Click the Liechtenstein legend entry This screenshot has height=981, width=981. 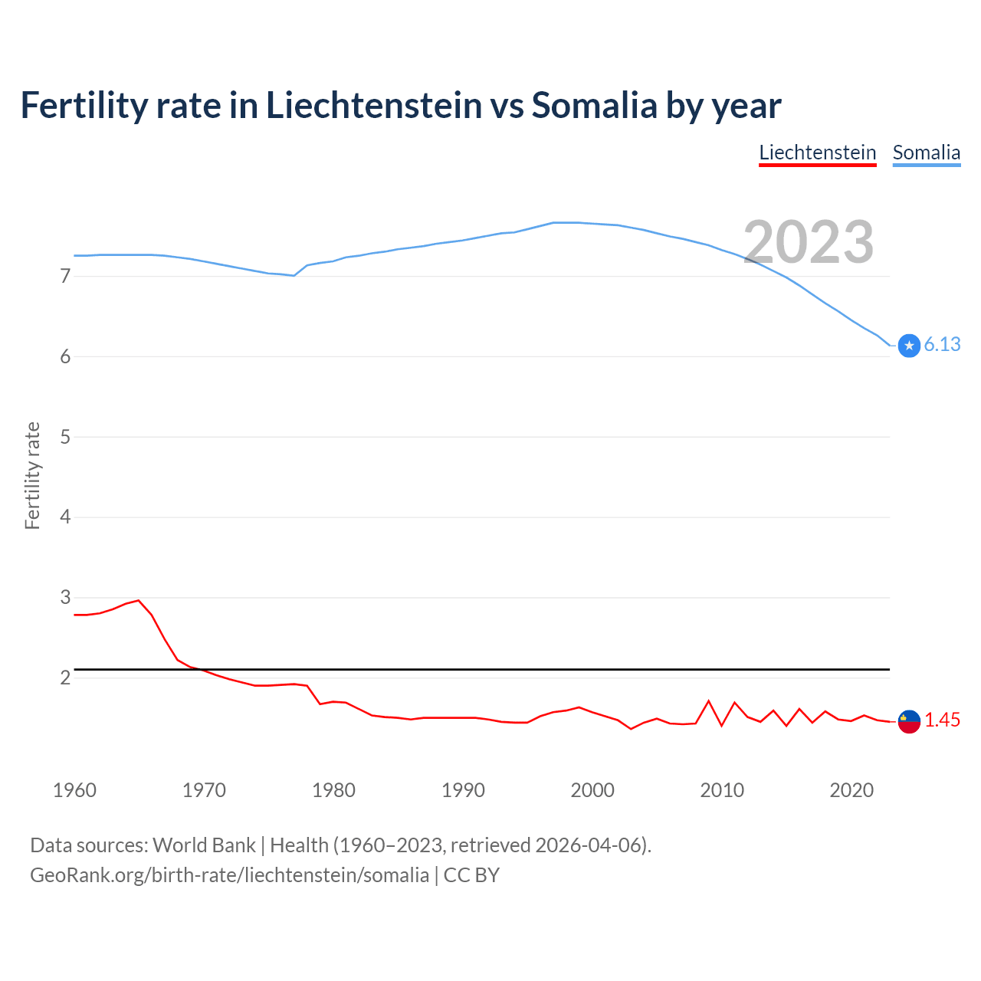[817, 153]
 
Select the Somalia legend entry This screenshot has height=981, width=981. [926, 153]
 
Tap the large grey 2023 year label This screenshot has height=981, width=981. [809, 242]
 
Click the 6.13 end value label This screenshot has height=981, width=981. [942, 345]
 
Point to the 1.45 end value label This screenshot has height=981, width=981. [942, 720]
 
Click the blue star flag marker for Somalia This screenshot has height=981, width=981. [909, 346]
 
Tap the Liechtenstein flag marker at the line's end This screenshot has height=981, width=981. [909, 721]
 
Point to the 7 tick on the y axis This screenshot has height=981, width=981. [65, 276]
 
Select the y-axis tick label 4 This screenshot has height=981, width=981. [65, 517]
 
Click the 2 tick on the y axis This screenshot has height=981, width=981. [65, 678]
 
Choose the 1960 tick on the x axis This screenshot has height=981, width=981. [74, 790]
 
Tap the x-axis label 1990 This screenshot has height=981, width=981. [463, 790]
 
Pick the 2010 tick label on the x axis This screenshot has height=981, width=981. [722, 790]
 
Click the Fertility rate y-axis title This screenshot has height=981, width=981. [32, 475]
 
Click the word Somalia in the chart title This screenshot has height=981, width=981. [594, 105]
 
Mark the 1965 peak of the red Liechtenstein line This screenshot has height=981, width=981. [139, 600]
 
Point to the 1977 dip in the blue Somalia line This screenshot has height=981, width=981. [294, 275]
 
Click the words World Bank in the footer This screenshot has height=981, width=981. [204, 845]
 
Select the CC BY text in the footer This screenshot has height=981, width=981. [471, 875]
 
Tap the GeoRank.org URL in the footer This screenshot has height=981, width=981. [229, 875]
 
